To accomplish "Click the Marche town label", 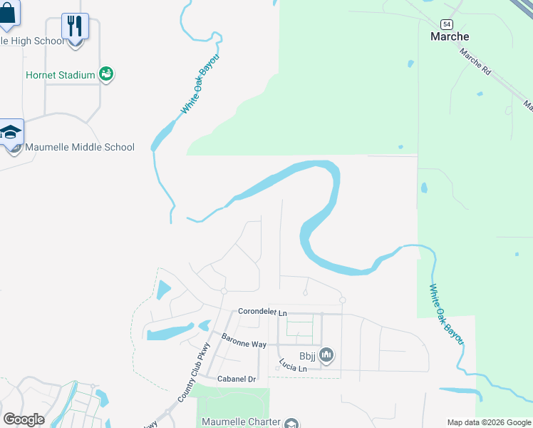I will tap(450, 36).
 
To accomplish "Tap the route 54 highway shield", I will tap(445, 24).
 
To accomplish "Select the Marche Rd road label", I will tap(475, 62).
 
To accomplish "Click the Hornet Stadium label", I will tap(61, 75).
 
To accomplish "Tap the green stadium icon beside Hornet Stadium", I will tap(107, 73).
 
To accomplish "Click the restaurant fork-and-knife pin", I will tap(75, 26).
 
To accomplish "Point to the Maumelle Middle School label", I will tap(79, 147).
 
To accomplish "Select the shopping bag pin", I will tap(8, 12).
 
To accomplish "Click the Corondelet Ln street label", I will tap(262, 312).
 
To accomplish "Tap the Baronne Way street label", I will tap(243, 340).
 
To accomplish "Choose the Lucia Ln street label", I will tap(292, 365).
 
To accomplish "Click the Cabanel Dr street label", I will tap(237, 379).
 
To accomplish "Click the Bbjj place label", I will tap(307, 355).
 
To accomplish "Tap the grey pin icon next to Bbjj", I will tap(327, 354).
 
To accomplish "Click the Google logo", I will tap(24, 419).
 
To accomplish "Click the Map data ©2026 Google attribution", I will tap(488, 422).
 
